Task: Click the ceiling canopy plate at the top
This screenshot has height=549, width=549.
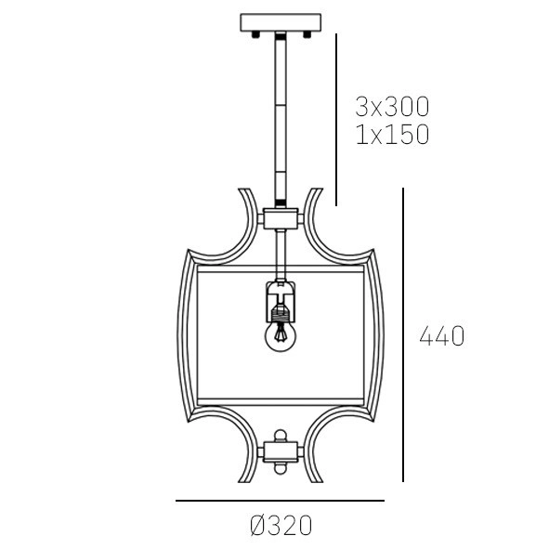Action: coord(279,20)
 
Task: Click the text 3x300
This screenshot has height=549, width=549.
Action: coord(392,105)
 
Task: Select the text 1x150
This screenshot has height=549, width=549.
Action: coord(392,135)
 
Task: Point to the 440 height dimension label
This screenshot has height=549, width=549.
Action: coord(441,336)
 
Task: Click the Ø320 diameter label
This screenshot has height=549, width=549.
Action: coord(281,526)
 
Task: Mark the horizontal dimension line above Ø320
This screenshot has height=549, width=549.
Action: coord(279,502)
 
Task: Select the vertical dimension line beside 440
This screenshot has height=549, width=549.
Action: coord(403,334)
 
